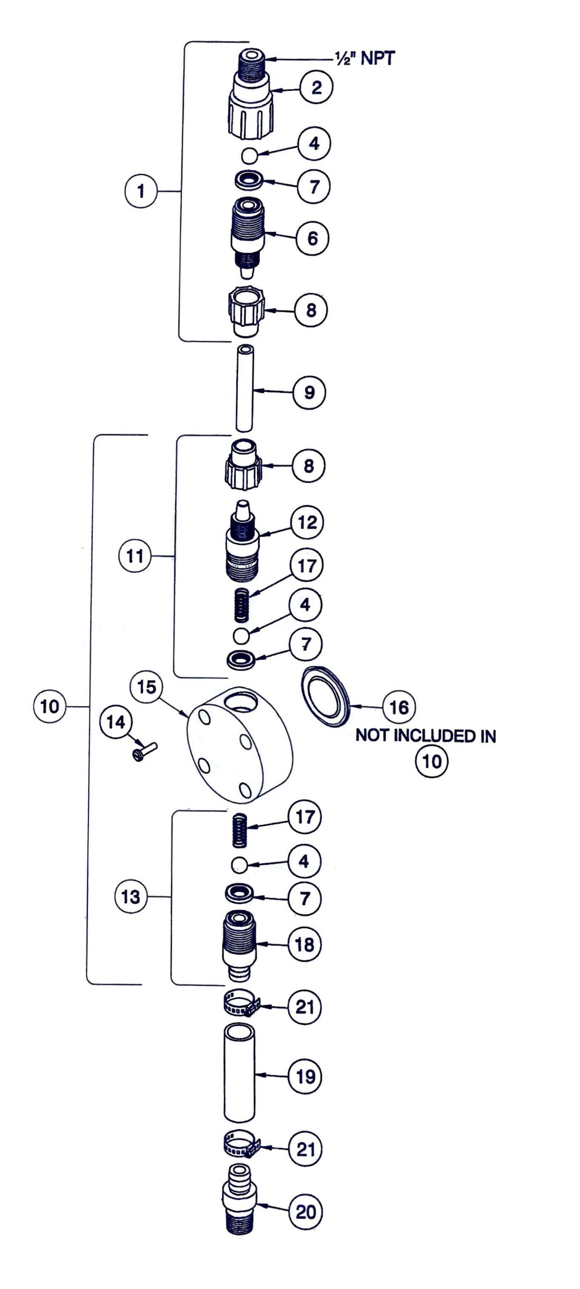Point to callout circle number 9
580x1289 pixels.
309,392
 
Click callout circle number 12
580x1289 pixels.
308,522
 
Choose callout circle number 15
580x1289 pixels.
147,687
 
